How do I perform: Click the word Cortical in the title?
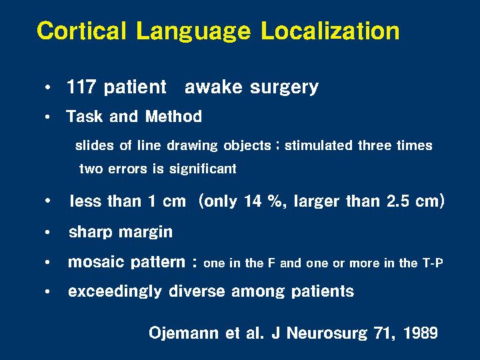(81, 30)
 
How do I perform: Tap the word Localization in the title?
(330, 30)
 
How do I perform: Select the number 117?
(81, 87)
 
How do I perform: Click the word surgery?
(285, 88)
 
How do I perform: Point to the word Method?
(173, 116)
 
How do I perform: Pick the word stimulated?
(319, 145)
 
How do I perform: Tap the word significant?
(203, 169)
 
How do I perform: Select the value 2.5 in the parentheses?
(397, 201)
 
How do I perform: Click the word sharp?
(90, 233)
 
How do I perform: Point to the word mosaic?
(96, 262)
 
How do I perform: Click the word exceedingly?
(115, 291)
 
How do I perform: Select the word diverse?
(197, 291)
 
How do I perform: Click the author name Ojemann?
(183, 333)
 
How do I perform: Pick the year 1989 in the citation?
(421, 333)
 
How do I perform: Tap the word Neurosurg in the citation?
(327, 333)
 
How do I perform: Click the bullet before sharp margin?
(47, 233)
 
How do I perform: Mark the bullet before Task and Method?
(47, 117)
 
